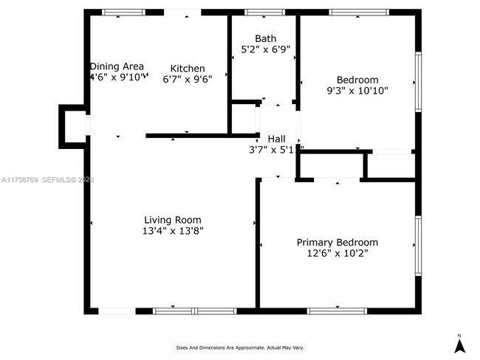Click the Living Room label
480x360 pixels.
(x=172, y=220)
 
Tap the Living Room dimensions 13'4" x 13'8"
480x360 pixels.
(x=173, y=231)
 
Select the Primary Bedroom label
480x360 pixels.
(x=337, y=242)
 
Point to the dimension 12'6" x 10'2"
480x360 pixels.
(x=337, y=253)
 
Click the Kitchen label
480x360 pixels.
(x=188, y=68)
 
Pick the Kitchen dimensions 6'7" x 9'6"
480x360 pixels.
(x=188, y=79)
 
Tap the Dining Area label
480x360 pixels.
(x=117, y=66)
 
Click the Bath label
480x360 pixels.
(x=265, y=38)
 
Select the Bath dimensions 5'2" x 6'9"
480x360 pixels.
(x=265, y=49)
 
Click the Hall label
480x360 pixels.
(x=276, y=139)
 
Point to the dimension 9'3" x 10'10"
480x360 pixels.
(x=357, y=91)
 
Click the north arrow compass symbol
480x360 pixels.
(x=459, y=343)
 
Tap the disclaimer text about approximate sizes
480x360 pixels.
(x=239, y=347)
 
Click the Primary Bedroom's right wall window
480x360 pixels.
(x=418, y=243)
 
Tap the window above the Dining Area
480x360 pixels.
(x=123, y=13)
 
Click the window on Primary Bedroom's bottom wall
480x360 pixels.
(x=337, y=311)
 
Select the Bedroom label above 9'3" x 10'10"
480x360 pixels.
(x=357, y=80)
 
